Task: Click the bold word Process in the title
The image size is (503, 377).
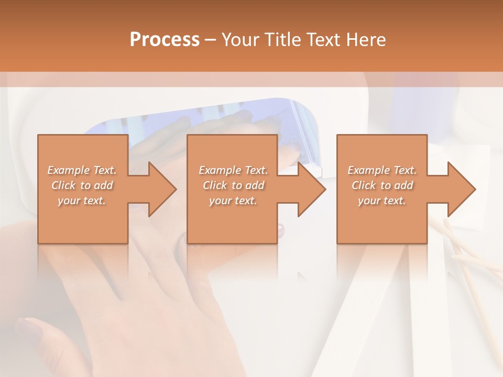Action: [x=165, y=40]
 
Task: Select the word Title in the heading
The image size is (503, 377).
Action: [x=283, y=40]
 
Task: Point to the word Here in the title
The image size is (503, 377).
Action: [x=366, y=40]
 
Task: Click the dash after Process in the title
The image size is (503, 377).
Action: [x=210, y=40]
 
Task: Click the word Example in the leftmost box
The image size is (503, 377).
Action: [x=68, y=170]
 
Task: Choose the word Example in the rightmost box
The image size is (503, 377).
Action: [x=368, y=170]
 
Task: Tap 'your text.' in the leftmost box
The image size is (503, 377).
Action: [x=82, y=201]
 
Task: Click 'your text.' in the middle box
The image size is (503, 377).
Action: [x=233, y=201]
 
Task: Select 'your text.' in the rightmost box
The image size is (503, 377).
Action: [x=381, y=201]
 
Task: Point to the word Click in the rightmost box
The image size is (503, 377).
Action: [x=363, y=185]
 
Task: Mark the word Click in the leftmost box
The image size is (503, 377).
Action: [x=63, y=185]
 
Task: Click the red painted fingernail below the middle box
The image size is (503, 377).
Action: [x=280, y=229]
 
